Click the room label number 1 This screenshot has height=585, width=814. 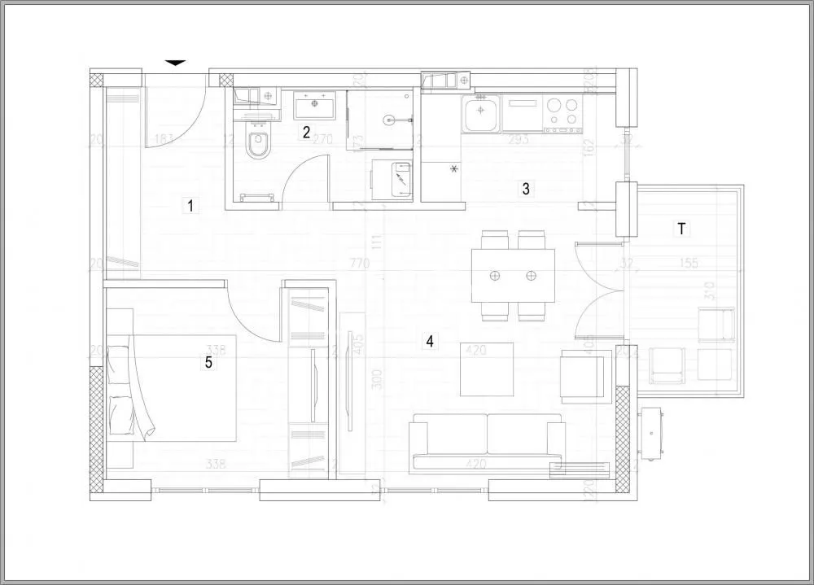pyautogui.click(x=190, y=205)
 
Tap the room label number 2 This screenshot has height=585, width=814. pyautogui.click(x=306, y=132)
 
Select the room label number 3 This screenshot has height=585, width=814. pyautogui.click(x=526, y=189)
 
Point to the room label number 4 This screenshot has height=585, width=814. pyautogui.click(x=429, y=341)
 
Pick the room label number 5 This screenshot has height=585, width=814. pyautogui.click(x=208, y=363)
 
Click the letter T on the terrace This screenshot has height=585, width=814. pyautogui.click(x=681, y=229)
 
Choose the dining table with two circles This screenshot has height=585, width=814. pyautogui.click(x=513, y=276)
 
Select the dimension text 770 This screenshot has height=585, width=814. pyautogui.click(x=359, y=264)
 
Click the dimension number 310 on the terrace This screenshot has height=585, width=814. pyautogui.click(x=708, y=290)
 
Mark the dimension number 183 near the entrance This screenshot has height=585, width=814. pyautogui.click(x=164, y=140)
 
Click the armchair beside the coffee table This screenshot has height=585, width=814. pyautogui.click(x=585, y=377)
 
